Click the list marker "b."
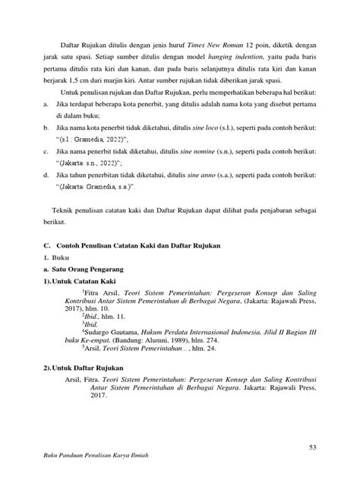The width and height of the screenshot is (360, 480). tap(48, 127)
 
